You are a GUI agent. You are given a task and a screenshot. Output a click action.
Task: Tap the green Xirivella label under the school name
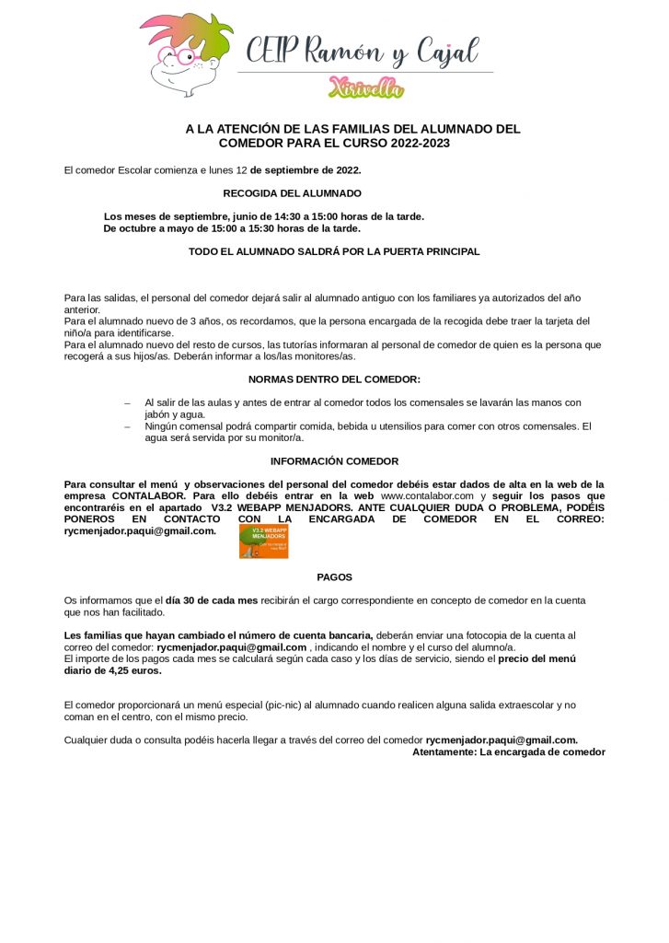pos(365,87)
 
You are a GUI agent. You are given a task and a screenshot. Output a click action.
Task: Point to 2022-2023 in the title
pos(420,143)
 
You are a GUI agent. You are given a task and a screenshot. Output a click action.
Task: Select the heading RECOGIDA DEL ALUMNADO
pos(292,193)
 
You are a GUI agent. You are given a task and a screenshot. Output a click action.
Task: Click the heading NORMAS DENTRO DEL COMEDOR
pos(334,379)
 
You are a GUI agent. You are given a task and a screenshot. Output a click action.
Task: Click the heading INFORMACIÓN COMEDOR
pos(334,461)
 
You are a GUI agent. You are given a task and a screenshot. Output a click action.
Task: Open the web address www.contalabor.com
pos(427,495)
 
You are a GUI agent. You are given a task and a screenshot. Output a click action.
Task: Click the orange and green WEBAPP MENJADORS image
pos(263,541)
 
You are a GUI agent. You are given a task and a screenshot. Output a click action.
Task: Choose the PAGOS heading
pos(334,577)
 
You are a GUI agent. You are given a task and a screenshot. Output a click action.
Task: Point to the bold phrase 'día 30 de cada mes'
pos(212,600)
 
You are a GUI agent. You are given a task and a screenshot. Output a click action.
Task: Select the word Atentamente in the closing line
pos(444,751)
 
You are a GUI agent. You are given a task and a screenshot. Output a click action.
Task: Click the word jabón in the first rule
pos(160,414)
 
